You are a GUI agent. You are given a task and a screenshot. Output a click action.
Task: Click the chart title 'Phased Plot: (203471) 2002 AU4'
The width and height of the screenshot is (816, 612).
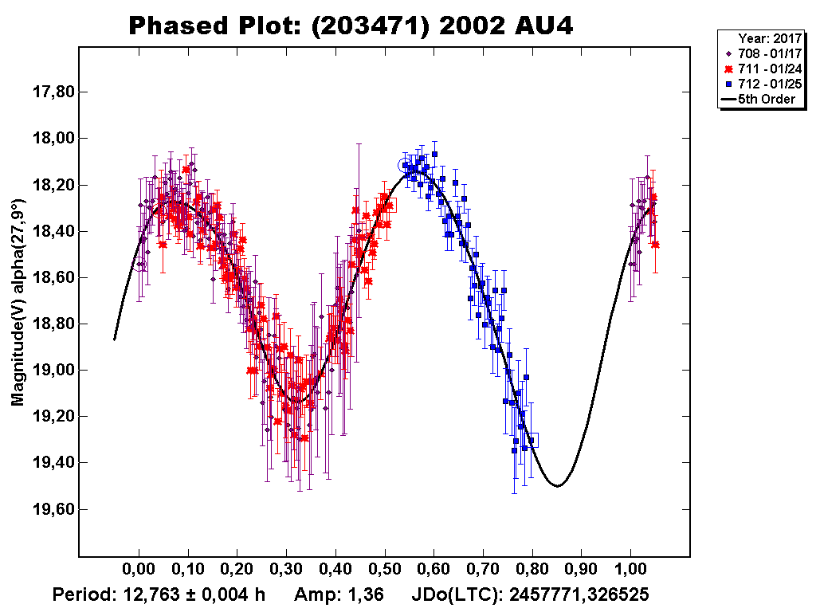click(x=351, y=26)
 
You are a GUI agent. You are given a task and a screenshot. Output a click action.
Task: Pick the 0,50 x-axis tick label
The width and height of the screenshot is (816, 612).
click(x=385, y=571)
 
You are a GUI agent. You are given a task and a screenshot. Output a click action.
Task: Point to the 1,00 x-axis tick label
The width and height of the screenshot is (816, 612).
click(x=631, y=571)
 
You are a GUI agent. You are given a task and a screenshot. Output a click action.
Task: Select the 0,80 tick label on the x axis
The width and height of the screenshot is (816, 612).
click(x=532, y=571)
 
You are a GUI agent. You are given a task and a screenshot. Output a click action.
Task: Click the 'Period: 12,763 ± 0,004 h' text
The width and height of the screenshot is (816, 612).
click(x=159, y=594)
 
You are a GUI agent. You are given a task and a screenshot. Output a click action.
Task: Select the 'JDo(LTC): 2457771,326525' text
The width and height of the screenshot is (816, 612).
click(x=530, y=594)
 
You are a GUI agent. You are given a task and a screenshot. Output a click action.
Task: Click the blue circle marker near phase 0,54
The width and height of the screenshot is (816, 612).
click(x=405, y=165)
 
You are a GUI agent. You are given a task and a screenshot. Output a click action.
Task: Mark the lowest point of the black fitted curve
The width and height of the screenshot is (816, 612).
click(x=557, y=485)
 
